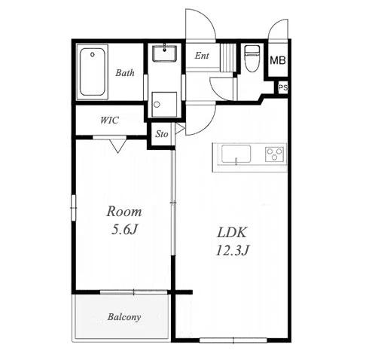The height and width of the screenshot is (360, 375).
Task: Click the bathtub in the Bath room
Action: [92, 72]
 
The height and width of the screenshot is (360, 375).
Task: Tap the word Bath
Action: [125, 73]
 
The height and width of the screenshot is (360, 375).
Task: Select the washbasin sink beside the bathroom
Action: [164, 53]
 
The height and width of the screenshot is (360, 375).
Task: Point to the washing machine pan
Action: [164, 104]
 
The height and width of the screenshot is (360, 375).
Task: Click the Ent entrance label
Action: [202, 56]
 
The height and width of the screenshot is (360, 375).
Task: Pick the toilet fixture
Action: [252, 58]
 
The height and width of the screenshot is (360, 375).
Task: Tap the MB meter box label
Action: [278, 60]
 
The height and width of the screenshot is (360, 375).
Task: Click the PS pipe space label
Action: [283, 88]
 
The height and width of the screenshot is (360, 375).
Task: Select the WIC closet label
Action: [109, 121]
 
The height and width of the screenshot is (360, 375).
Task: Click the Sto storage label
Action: [162, 134]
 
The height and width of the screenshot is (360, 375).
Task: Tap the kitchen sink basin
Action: [236, 154]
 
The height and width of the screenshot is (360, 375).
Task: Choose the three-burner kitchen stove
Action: [275, 154]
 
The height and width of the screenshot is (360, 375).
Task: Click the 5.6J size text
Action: [125, 230]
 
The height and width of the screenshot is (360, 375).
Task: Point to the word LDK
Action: [232, 233]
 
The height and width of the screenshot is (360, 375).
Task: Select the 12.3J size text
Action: [232, 250]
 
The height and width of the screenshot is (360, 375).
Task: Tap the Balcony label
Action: [124, 317]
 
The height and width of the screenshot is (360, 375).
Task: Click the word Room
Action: [124, 212]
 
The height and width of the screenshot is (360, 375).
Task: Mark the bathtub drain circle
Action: [93, 54]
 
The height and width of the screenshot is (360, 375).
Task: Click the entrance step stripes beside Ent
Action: [228, 57]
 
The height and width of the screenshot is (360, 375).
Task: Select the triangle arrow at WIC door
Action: [117, 145]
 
